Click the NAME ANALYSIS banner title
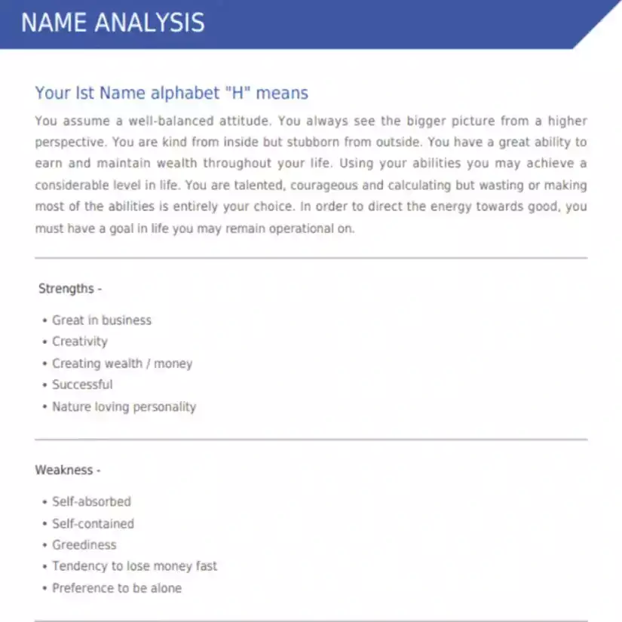112,22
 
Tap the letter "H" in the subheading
230,93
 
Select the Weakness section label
67,470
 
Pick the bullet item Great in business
102,320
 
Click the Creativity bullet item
80,342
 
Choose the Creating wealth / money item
122,363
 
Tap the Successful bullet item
82,385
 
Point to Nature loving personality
124,407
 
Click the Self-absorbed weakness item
91,501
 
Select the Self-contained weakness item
93,523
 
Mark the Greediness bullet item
84,544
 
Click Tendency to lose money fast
134,565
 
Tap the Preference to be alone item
117,587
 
